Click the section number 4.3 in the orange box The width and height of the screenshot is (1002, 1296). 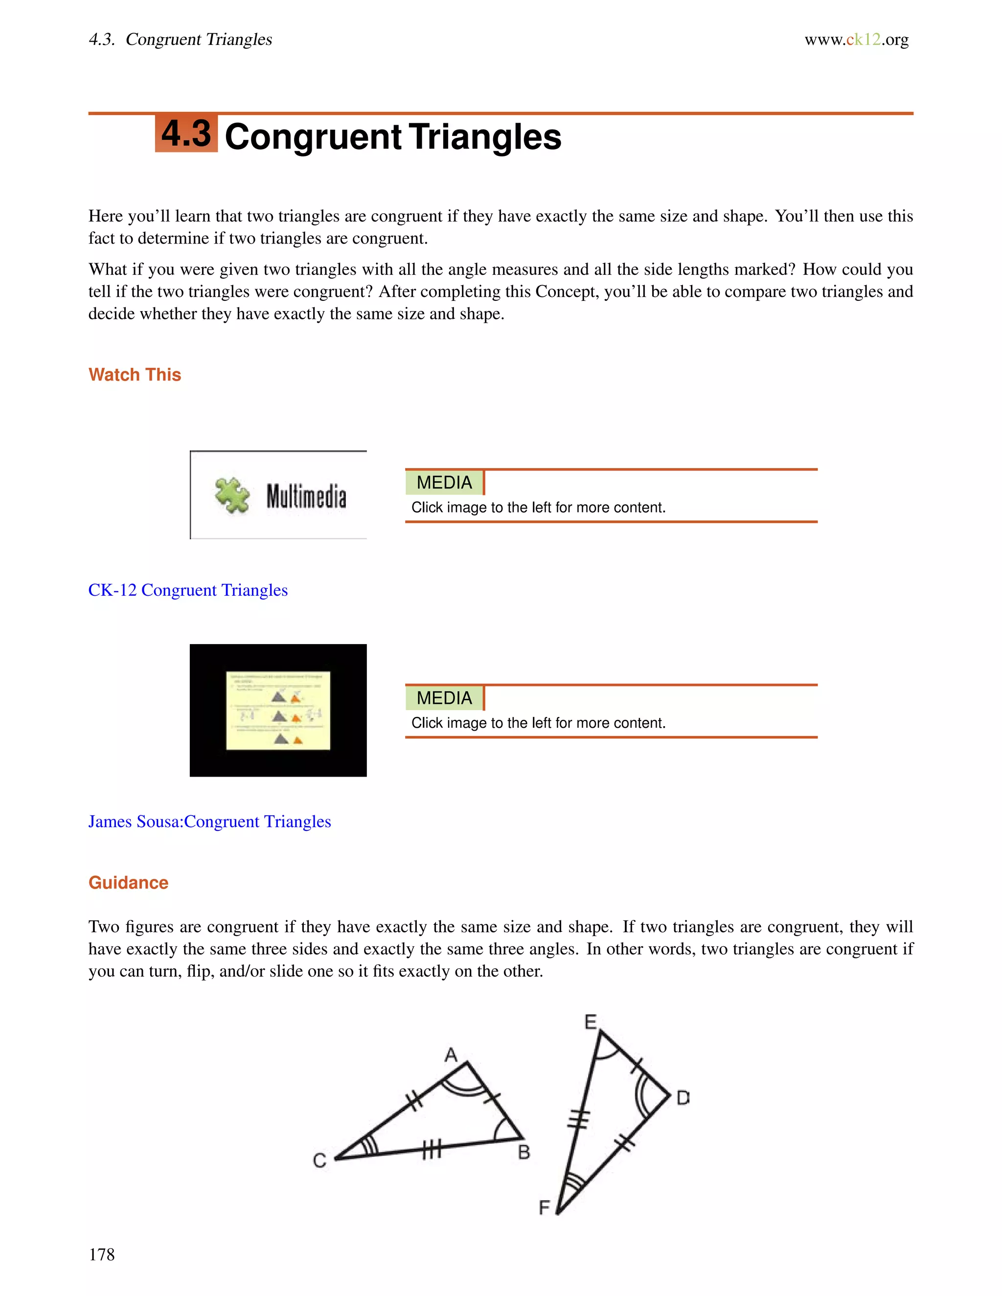coord(186,134)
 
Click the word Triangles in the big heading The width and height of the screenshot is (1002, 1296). coord(484,137)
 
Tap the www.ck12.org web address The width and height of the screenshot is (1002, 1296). coord(856,40)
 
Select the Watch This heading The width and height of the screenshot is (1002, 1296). coord(135,375)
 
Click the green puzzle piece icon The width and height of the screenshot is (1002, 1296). coord(232,495)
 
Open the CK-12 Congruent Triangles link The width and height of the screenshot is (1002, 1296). coord(187,590)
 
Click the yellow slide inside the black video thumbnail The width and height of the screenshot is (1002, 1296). coord(278,710)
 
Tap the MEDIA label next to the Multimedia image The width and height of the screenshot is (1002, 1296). coord(444,482)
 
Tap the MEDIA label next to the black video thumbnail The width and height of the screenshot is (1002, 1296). coord(444,698)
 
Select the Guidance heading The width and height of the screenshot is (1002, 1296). coord(128,882)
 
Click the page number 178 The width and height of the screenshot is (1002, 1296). coord(101,1254)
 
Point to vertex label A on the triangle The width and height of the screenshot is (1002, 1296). coord(451,1055)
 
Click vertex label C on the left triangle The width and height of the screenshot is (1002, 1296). coord(319,1161)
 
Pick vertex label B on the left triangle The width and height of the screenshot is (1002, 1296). coord(524,1152)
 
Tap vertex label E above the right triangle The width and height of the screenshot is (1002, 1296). coord(590,1022)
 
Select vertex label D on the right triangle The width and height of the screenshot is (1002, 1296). coord(683,1098)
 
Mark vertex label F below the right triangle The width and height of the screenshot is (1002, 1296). coord(544,1207)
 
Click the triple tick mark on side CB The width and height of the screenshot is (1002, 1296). coord(432,1151)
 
